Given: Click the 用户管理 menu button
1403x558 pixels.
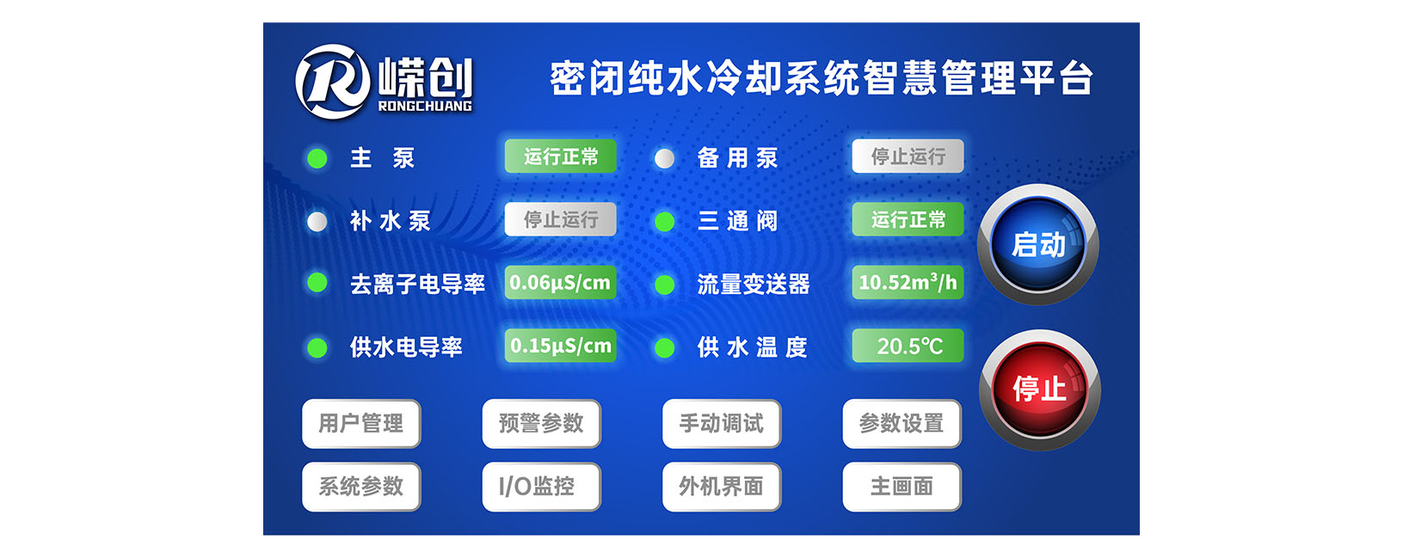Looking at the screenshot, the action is pyautogui.click(x=361, y=423).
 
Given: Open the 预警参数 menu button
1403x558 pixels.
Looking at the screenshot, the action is pyautogui.click(x=541, y=423).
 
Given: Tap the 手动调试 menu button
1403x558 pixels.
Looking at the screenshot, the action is pyautogui.click(x=722, y=423).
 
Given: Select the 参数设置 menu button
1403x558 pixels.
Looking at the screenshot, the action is pyautogui.click(x=901, y=423).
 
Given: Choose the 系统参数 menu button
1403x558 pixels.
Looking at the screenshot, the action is pyautogui.click(x=361, y=487).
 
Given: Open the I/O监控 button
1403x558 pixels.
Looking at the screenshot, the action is pyautogui.click(x=541, y=487).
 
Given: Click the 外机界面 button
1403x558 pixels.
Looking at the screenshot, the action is pyautogui.click(x=722, y=487).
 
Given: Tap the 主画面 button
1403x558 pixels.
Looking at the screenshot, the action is pyautogui.click(x=901, y=487).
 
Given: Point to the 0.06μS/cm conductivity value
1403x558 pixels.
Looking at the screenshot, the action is pyautogui.click(x=561, y=283).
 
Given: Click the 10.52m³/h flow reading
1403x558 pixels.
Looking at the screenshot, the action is pyautogui.click(x=908, y=283).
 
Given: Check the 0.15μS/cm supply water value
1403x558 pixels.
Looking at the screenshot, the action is pyautogui.click(x=561, y=346).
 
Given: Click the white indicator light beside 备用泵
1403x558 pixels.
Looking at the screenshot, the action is pyautogui.click(x=665, y=158).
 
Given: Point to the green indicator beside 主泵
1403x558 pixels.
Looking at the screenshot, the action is pyautogui.click(x=317, y=158).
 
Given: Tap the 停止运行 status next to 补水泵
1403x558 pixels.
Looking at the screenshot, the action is pyautogui.click(x=561, y=219).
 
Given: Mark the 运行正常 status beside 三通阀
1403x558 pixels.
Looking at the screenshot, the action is pyautogui.click(x=908, y=219).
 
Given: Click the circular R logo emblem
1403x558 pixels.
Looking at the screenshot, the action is pyautogui.click(x=333, y=82).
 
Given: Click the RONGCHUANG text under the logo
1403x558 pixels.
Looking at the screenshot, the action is pyautogui.click(x=425, y=106).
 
